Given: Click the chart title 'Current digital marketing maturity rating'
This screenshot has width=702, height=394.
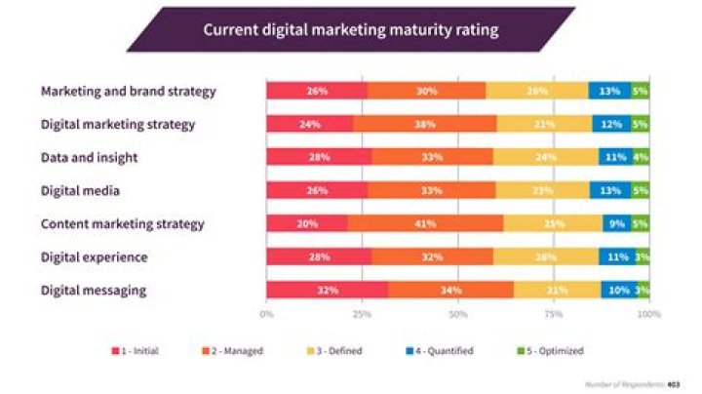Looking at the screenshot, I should [x=350, y=30].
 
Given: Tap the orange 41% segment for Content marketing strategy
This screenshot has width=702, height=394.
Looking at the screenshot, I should [x=425, y=223].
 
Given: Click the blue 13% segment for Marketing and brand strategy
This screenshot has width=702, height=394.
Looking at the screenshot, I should [x=609, y=91].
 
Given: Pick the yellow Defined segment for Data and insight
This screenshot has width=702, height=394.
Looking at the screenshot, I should [x=546, y=157].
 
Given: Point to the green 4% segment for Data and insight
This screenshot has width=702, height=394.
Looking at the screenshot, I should [x=641, y=157].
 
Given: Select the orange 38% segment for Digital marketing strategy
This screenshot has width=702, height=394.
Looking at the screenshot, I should [x=424, y=124].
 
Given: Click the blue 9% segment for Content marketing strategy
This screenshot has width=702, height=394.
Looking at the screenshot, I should [x=616, y=223].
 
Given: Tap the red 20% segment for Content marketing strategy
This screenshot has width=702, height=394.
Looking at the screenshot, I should [x=306, y=223].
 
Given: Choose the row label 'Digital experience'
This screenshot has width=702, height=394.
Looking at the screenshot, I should [x=94, y=256].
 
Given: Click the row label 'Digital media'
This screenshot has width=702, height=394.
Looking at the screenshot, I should [x=80, y=190].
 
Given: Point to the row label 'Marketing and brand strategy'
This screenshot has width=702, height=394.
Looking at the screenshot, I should [x=128, y=91].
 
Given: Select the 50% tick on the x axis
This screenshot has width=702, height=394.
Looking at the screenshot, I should [x=457, y=314].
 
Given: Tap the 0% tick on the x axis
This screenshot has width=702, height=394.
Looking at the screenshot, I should [x=266, y=314].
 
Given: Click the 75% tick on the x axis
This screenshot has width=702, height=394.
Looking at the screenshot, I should [x=553, y=314].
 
